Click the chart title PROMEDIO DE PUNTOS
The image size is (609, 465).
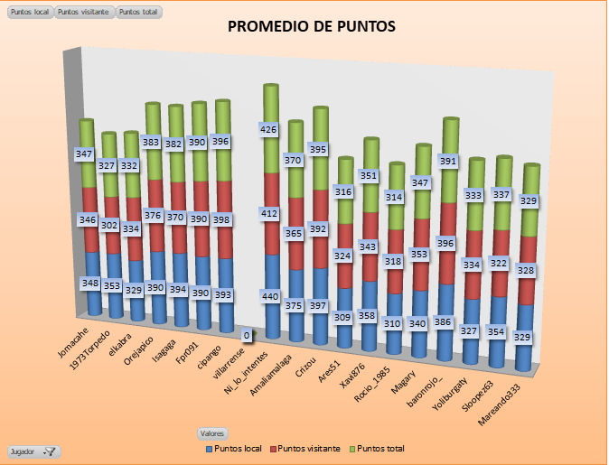pyautogui.click(x=311, y=27)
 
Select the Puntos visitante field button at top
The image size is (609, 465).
pyautogui.click(x=84, y=13)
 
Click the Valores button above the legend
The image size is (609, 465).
pyautogui.click(x=214, y=433)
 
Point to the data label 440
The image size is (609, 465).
pyautogui.click(x=271, y=296)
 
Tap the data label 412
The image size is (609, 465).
pyautogui.click(x=270, y=214)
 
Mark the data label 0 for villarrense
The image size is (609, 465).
pyautogui.click(x=247, y=336)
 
